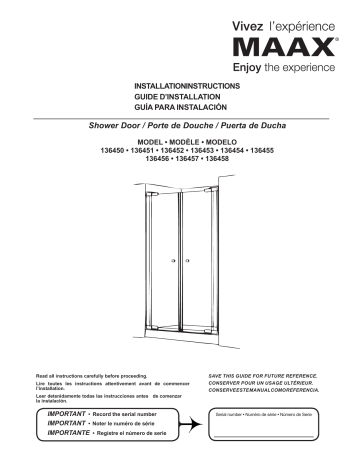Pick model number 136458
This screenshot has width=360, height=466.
(x=234, y=159)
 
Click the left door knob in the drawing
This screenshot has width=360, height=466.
(x=175, y=261)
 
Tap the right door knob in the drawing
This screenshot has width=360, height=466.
(x=185, y=261)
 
